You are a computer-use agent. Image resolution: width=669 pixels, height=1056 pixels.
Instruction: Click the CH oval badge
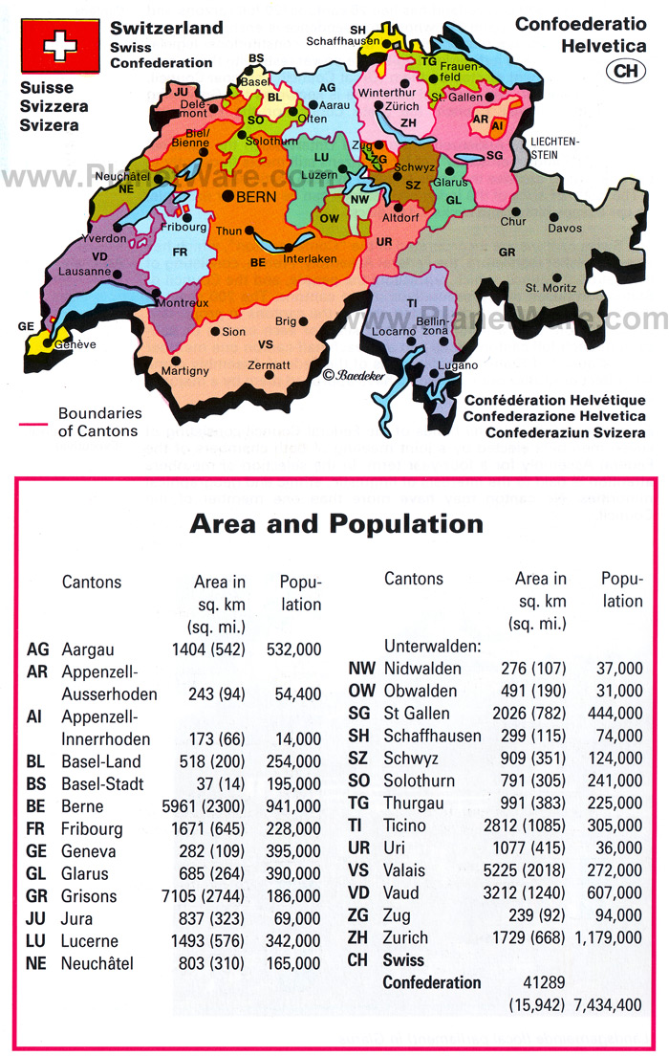[x=625, y=70]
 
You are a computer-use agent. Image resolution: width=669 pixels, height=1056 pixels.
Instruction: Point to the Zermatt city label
[x=269, y=365]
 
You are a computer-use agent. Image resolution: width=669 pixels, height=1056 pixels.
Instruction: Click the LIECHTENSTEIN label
[x=555, y=146]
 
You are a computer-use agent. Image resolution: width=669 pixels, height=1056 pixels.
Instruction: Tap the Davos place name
[x=564, y=229]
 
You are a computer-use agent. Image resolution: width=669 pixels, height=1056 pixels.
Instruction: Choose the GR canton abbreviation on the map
[x=507, y=253]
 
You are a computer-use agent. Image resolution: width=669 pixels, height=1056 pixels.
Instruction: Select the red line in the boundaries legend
[x=34, y=422]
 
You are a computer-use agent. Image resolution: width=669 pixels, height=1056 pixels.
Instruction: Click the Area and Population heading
[x=335, y=523]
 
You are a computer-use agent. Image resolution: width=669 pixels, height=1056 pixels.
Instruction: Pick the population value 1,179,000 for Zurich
[x=608, y=938]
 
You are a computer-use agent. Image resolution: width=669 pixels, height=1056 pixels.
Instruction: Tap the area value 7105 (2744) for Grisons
[x=208, y=896]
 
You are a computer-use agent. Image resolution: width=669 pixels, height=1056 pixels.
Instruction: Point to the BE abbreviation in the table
[x=37, y=806]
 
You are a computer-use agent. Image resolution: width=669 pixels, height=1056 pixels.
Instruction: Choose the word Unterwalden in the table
[x=432, y=646]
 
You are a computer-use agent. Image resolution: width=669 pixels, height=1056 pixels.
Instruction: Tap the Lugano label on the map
[x=453, y=366]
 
